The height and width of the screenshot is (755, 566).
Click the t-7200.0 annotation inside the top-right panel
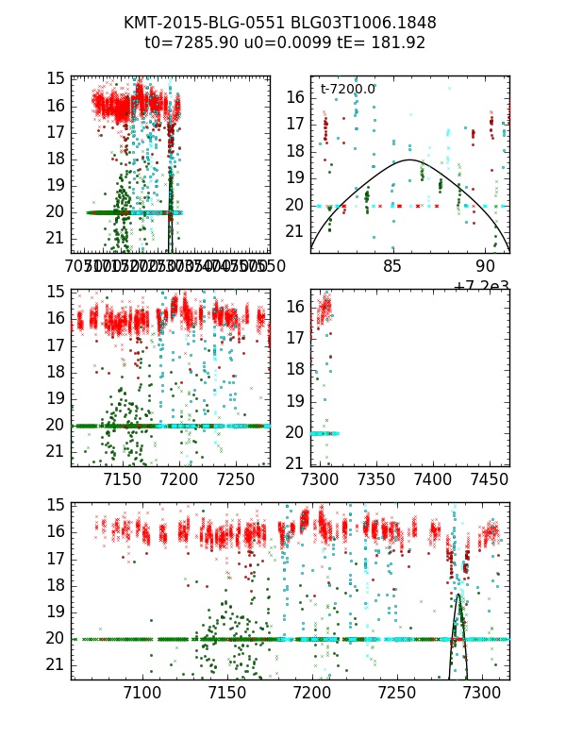(348, 89)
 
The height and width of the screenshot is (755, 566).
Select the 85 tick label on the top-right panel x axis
(392, 266)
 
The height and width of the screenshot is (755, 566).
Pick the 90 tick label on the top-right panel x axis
(487, 266)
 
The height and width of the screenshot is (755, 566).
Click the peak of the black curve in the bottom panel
(458, 594)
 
